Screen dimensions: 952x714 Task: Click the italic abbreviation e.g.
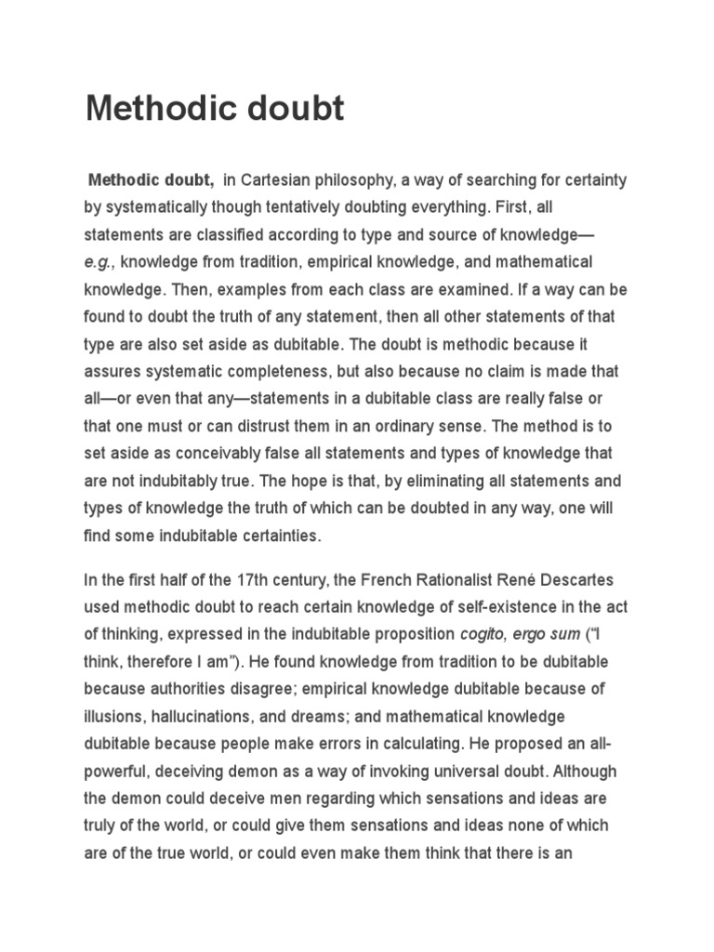[99, 262]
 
